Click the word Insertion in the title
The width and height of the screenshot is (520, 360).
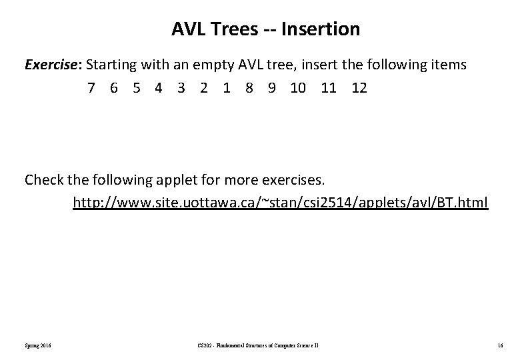tap(321, 29)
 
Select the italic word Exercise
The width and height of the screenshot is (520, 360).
tap(53, 65)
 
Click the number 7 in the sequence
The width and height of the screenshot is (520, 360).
tap(91, 88)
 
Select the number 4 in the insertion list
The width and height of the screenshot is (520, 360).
tap(159, 88)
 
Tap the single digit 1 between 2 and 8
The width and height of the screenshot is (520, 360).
tap(227, 88)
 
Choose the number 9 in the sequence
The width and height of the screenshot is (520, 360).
tap(271, 88)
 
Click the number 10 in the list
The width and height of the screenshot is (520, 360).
tap(298, 88)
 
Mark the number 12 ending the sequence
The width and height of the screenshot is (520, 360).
tap(359, 88)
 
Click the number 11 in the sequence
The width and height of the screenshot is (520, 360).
tap(328, 88)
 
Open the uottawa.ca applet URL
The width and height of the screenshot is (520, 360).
tap(280, 202)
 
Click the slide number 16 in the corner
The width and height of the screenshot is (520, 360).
tap(499, 345)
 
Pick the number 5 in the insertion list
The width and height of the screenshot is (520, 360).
tap(136, 88)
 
